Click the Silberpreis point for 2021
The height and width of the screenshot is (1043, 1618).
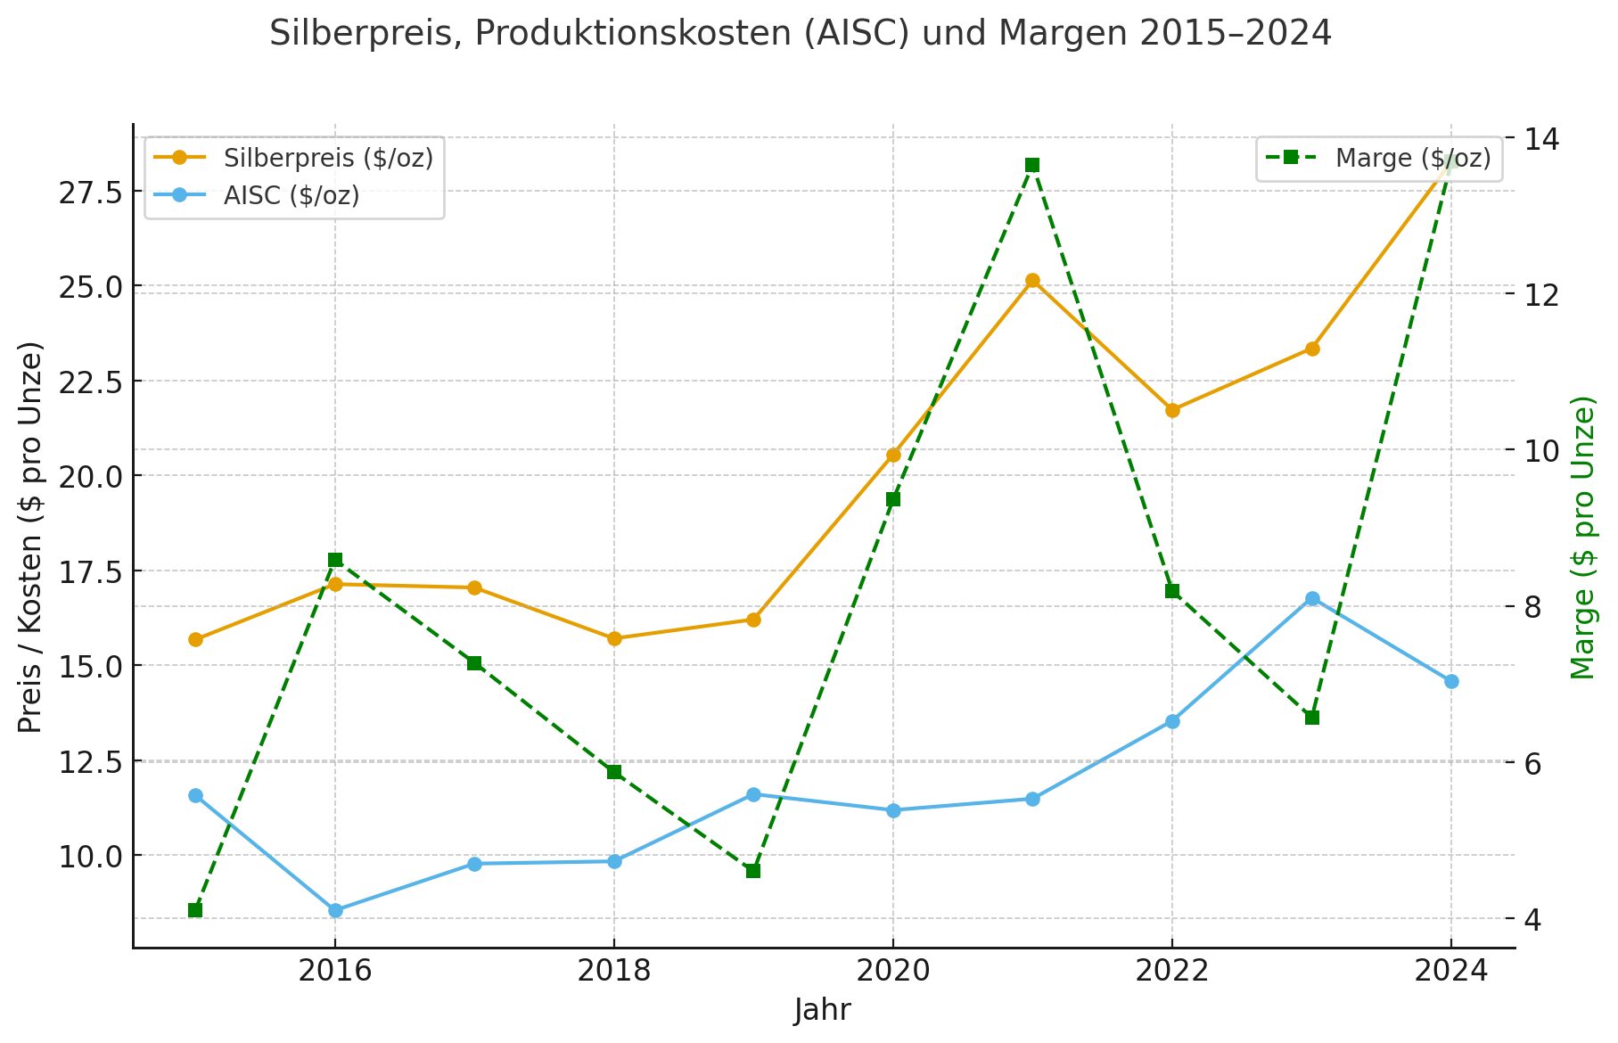pos(1032,281)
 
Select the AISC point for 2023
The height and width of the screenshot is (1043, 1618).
pos(1312,599)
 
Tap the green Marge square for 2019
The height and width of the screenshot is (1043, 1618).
pos(753,871)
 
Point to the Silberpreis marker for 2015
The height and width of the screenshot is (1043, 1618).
pos(195,639)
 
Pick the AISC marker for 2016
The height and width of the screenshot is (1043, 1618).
pos(335,910)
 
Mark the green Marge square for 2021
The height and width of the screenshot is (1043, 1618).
pos(1032,165)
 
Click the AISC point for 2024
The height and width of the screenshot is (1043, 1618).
pos(1451,681)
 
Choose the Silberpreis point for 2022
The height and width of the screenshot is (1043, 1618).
pos(1172,410)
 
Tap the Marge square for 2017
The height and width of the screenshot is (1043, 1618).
pos(474,663)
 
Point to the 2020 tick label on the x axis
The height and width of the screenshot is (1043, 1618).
pos(892,971)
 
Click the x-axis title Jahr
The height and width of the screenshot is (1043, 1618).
pos(822,1011)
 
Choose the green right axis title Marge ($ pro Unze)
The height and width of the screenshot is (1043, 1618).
pos(1583,538)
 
